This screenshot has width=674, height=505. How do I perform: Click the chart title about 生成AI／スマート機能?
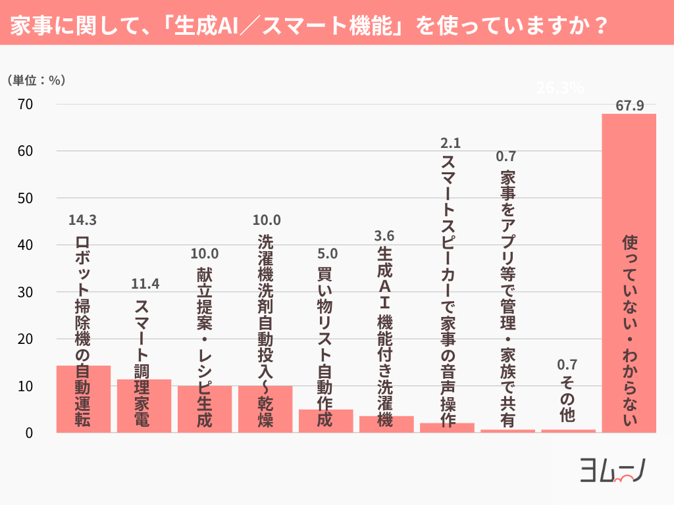coord(309,23)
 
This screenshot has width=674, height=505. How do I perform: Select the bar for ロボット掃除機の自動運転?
coord(84,398)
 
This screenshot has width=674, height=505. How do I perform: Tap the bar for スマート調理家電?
coord(144,406)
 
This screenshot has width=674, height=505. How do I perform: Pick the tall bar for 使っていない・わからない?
coord(629,273)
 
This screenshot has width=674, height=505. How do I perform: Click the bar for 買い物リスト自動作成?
coord(326,421)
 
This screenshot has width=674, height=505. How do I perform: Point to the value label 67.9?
coord(629,105)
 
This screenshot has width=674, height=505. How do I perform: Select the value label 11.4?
coord(145,284)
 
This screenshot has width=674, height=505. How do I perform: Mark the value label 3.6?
coord(386,235)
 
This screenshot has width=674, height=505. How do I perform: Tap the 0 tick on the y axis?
coord(30,433)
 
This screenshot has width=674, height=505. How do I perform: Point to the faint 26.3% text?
coord(560,88)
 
